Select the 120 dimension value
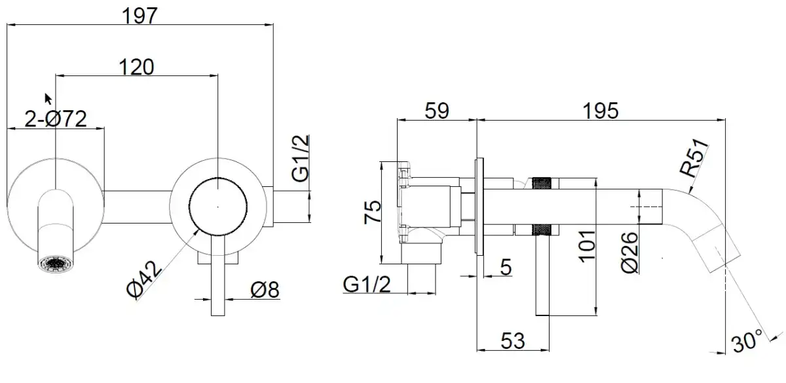[x=136, y=66]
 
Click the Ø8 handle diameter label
[x=265, y=289]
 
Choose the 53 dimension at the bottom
[x=512, y=340]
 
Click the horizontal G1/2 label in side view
[x=367, y=284]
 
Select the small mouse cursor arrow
[x=48, y=98]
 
